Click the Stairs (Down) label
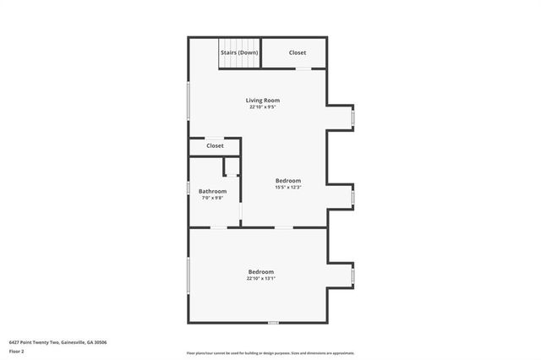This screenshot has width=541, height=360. tap(239, 52)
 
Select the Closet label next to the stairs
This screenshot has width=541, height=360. tap(298, 52)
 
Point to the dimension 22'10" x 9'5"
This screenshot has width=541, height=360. tap(263, 107)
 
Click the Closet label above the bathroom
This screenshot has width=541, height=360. tap(215, 145)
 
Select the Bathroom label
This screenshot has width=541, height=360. tap(213, 191)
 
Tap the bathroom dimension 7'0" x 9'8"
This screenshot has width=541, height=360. tap(212, 198)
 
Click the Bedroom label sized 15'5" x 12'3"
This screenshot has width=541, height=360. tap(287, 180)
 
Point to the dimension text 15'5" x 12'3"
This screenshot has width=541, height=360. tap(287, 188)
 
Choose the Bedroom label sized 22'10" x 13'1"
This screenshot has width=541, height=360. tap(260, 271)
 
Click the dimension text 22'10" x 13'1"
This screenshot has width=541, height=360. tap(260, 278)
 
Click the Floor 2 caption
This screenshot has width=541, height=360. tap(17, 351)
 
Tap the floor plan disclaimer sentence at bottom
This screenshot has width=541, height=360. tap(270, 353)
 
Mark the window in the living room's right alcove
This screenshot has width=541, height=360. tap(353, 117)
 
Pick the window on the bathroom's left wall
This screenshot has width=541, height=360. tap(188, 188)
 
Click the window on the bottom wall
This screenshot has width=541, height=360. tap(273, 322)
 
